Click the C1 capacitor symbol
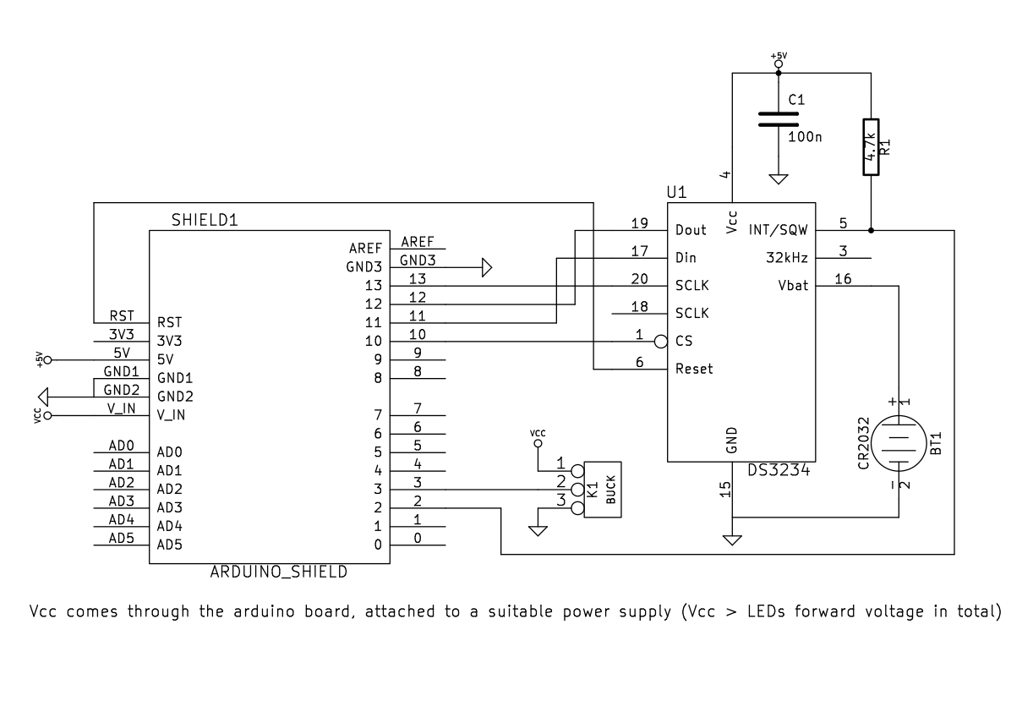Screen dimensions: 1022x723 (779, 119)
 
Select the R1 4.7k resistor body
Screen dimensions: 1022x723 (871, 147)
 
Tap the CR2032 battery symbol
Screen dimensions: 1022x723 (899, 443)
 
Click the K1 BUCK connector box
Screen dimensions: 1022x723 (602, 490)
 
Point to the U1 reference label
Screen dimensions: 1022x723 (676, 193)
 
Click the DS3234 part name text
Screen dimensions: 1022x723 (779, 470)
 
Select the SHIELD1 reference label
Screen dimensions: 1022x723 (205, 221)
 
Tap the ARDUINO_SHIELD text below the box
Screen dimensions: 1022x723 (279, 572)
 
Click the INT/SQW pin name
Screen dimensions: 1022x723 (778, 230)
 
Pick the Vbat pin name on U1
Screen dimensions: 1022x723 (793, 286)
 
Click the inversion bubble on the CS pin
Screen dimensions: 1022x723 (661, 342)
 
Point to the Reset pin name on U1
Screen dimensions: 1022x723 (694, 369)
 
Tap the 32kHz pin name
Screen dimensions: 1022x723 (786, 258)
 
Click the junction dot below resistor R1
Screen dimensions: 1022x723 (871, 231)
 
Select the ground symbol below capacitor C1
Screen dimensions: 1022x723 (779, 179)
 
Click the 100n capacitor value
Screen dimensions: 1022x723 (805, 137)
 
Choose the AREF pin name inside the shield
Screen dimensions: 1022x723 (365, 249)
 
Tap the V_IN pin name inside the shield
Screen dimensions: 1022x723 (171, 415)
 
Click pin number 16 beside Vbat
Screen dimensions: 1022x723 (843, 279)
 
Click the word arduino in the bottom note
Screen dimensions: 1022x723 (265, 611)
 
